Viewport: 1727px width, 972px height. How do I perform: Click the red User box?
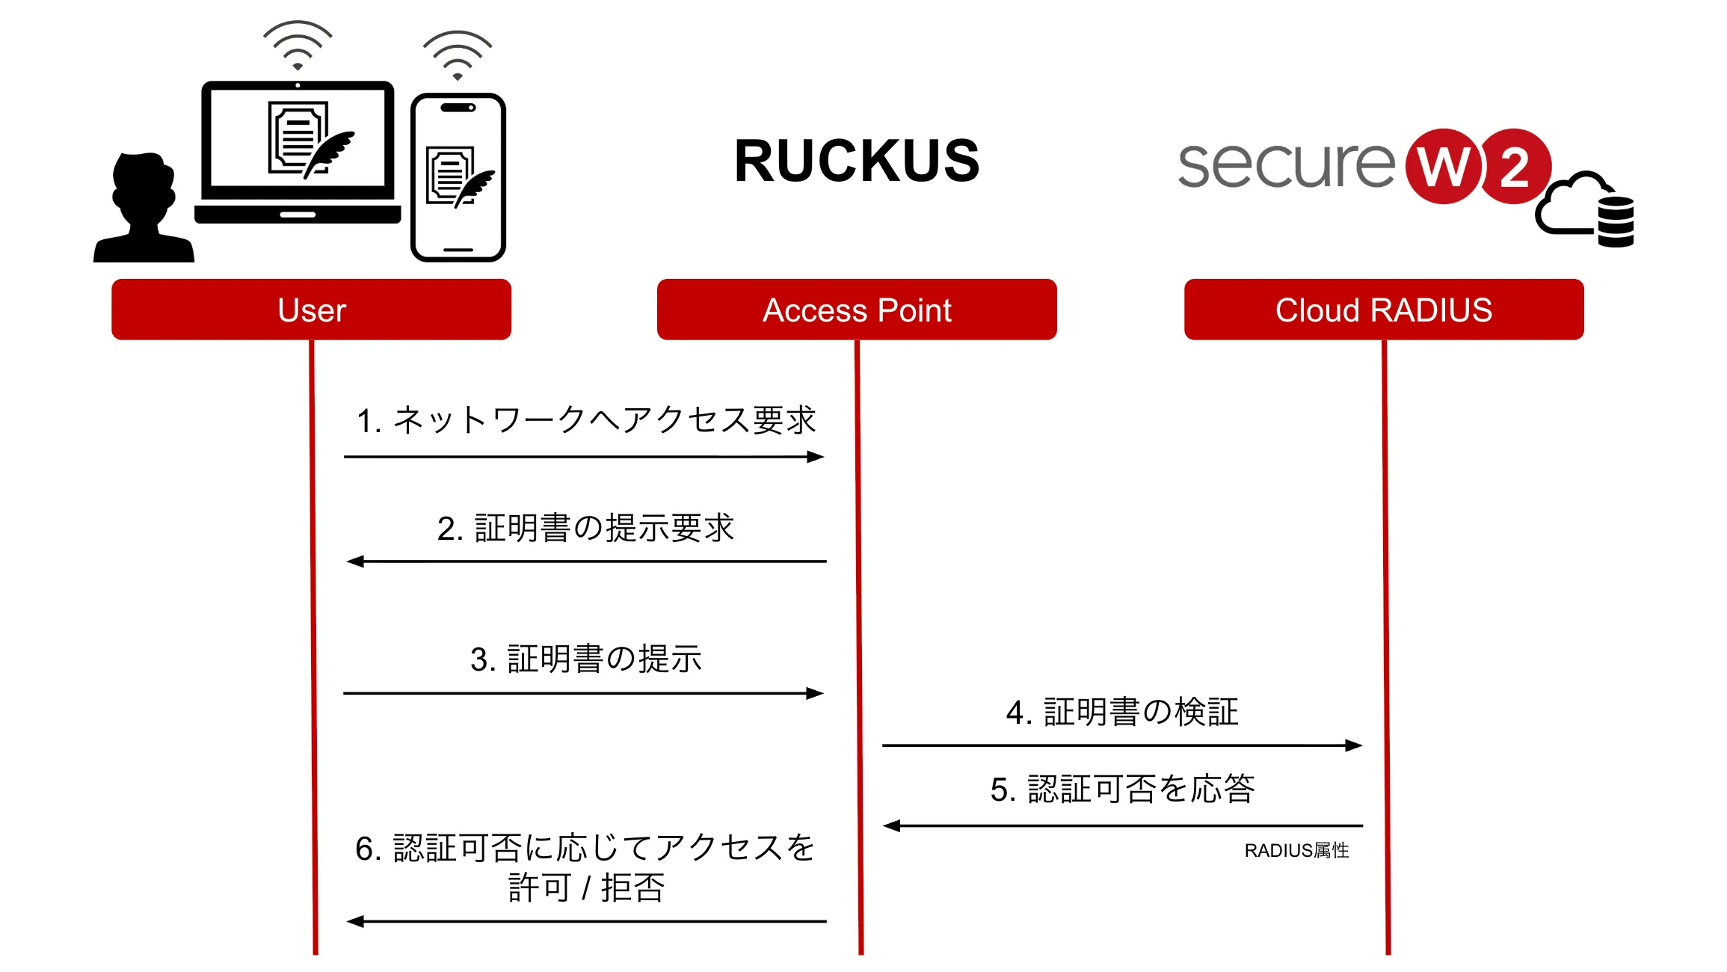tap(311, 310)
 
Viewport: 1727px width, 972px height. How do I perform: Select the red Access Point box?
tap(857, 310)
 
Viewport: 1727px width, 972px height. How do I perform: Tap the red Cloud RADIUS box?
tap(1384, 310)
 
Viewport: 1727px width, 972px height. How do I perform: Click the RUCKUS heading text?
tap(857, 161)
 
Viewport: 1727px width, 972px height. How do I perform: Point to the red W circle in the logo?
tap(1443, 166)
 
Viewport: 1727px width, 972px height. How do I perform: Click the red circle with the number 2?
tap(1515, 166)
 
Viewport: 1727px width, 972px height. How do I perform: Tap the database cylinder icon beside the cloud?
tap(1616, 221)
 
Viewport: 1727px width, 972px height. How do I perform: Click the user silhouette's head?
tap(144, 187)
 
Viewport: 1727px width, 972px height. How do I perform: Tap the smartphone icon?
tap(458, 177)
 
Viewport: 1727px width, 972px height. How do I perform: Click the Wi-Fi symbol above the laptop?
tap(298, 45)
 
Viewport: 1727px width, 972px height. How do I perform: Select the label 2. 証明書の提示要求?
tap(586, 528)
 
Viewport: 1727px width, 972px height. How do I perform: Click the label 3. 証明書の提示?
tap(586, 659)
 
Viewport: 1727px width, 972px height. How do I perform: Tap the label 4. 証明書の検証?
tap(1122, 712)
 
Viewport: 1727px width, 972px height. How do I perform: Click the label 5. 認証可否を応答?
tap(1122, 789)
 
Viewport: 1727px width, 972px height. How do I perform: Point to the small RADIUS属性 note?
tap(1296, 850)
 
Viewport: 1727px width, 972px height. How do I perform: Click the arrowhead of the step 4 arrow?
tap(1354, 745)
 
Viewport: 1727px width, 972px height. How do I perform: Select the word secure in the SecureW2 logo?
tap(1286, 164)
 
